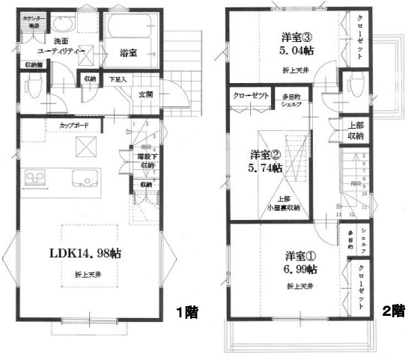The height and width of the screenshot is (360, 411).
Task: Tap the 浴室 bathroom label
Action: (128, 52)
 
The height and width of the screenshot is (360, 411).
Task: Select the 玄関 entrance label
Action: (146, 94)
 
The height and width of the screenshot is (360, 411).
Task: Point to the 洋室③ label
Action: (275, 36)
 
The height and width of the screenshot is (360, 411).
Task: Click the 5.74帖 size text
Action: (267, 168)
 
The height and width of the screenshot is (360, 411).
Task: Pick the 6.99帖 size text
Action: (300, 268)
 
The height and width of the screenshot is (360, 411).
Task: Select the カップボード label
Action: (65, 126)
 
